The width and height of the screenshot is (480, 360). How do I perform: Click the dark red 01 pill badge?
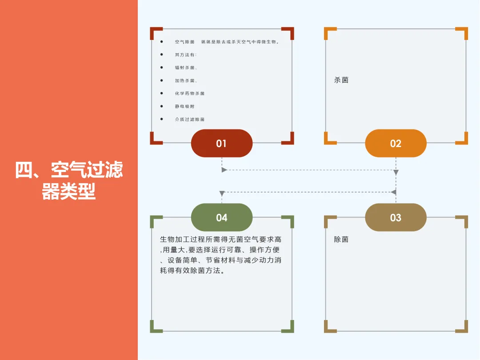(221, 143)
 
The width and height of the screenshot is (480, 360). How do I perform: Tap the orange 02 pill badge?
(396, 143)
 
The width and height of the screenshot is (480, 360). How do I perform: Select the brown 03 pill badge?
(396, 217)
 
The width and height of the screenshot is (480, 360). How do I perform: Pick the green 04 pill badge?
(221, 217)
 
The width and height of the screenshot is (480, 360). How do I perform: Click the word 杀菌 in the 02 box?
(341, 80)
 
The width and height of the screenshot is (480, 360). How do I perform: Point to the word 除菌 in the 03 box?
(341, 239)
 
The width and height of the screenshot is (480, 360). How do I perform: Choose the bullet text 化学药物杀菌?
(190, 93)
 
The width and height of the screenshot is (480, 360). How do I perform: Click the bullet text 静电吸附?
(184, 106)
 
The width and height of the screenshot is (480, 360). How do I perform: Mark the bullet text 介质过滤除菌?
(190, 119)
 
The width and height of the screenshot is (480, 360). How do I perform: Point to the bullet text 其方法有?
(185, 55)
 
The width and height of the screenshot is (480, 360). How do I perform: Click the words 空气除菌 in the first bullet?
(184, 42)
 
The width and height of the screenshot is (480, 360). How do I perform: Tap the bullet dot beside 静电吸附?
(161, 106)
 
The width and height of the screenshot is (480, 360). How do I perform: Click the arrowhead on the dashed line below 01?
(224, 170)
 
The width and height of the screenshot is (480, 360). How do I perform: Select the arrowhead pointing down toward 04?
(221, 194)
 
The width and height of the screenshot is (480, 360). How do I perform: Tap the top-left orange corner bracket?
(329, 32)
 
